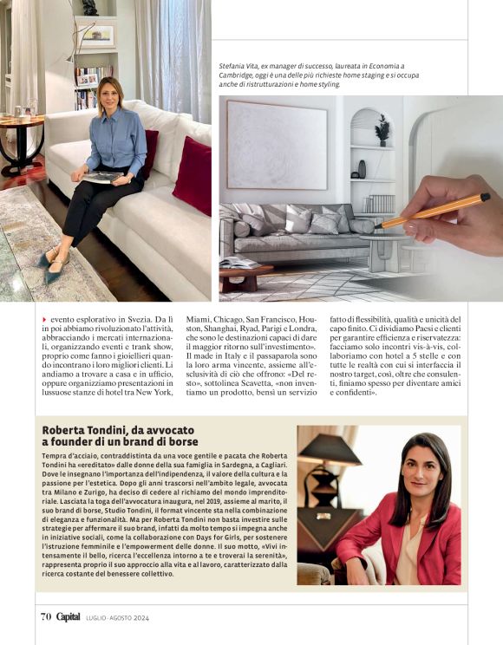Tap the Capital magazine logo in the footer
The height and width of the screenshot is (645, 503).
[69, 616]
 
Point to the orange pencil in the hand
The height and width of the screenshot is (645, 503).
[434, 211]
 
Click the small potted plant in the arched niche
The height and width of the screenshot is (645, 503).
[382, 129]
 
